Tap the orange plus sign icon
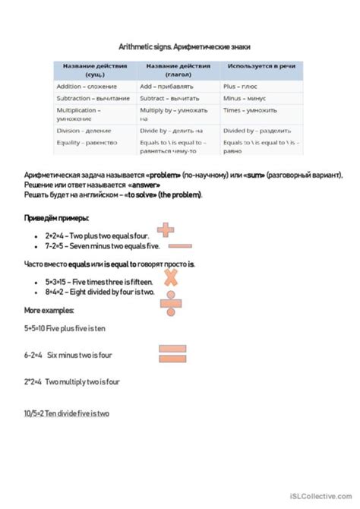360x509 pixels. [166, 229]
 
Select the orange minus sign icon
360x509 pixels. [179, 246]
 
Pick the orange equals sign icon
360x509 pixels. [172, 353]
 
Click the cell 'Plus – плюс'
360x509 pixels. [242, 87]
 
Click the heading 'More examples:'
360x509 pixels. [49, 311]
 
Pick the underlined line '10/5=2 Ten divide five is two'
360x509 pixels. [67, 413]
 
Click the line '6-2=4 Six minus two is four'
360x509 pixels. [68, 355]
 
